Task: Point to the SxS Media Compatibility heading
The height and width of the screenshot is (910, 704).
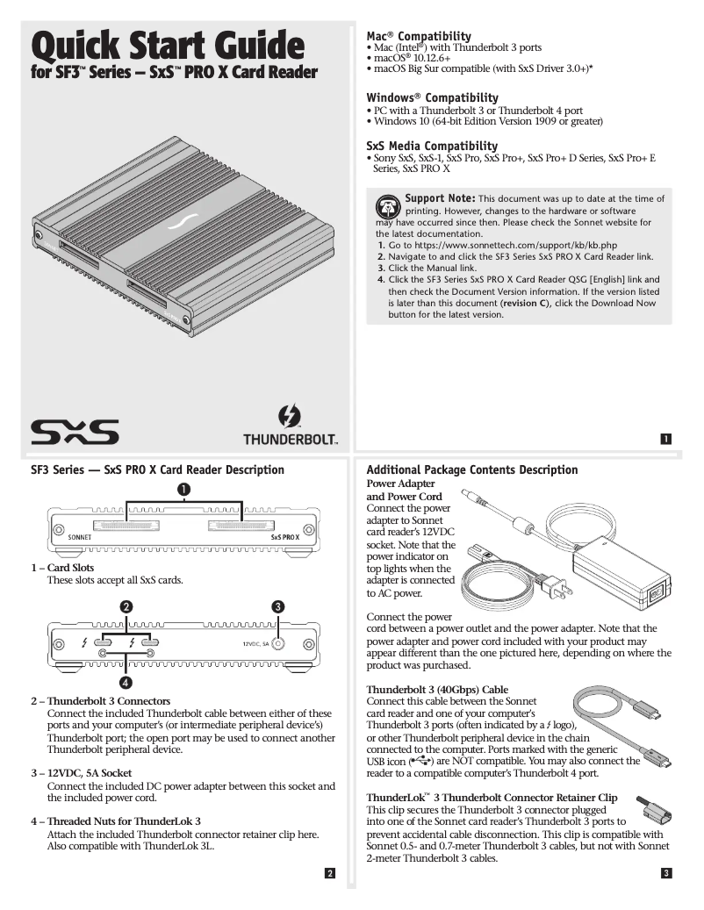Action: [x=432, y=146]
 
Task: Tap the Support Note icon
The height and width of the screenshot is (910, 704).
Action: [x=387, y=207]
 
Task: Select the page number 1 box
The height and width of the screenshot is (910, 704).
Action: [x=665, y=440]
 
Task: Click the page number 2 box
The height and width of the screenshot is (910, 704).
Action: [x=329, y=873]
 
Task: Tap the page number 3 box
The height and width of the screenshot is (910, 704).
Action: [x=666, y=873]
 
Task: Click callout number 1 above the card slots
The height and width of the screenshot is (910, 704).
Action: [x=184, y=489]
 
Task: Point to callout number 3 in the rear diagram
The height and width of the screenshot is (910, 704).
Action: [x=277, y=606]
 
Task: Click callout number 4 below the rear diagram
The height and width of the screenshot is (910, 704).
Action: [x=126, y=682]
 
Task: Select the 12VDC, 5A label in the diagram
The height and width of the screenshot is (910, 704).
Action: [x=255, y=643]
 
